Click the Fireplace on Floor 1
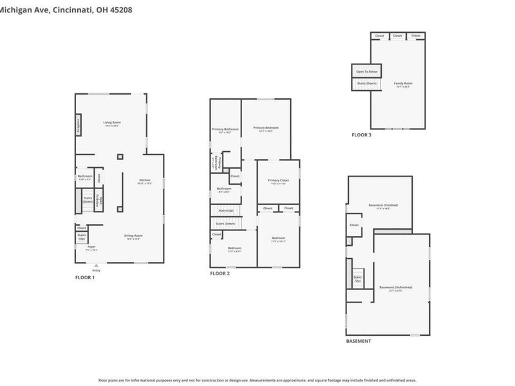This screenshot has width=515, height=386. pos(79,125)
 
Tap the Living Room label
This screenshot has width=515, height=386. pos(112,124)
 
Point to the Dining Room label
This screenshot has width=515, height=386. pos(133,237)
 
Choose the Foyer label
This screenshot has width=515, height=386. pos(91,248)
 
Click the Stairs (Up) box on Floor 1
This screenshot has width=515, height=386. pos(82,237)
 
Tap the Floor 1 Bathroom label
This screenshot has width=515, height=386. pos(85,177)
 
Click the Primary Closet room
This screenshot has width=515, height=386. pos(278,181)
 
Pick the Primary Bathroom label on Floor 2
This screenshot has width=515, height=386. pos(225,131)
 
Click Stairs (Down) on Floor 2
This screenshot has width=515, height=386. pos(225,223)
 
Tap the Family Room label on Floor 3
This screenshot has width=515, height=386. pos(403,84)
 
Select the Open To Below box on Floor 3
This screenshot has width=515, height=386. pos(368,71)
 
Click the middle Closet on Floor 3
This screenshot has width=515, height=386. pos(398,35)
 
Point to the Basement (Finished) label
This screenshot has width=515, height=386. pos(379,207)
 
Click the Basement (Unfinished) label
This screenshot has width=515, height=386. pos(396,288)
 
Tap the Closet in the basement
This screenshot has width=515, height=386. pos(354,225)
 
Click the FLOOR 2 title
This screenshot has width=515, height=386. pos(220,273)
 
